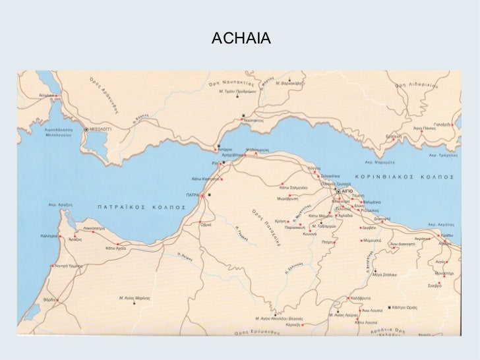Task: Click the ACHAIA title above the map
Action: click(241, 42)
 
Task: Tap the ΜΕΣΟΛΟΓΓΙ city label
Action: click(103, 130)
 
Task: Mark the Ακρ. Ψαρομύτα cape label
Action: click(378, 160)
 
